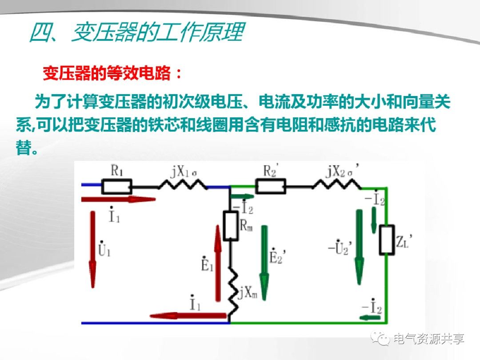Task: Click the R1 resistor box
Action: tap(117, 187)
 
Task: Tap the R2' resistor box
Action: tap(271, 187)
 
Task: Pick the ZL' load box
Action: tap(387, 240)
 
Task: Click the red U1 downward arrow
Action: tap(92, 249)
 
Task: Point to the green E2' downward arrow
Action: tap(264, 262)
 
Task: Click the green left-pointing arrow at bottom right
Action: tap(371, 317)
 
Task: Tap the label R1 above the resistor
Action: tap(116, 172)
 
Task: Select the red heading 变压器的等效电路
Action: tap(112, 74)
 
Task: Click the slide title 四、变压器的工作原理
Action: tap(136, 33)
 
